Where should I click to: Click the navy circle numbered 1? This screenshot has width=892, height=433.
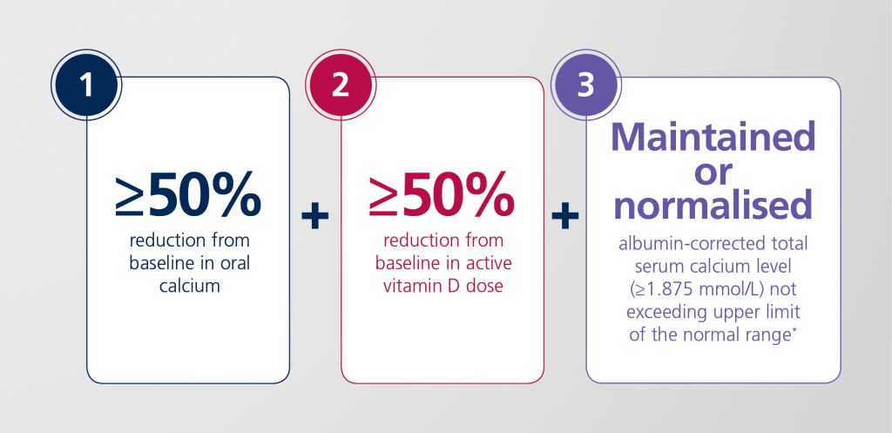click(x=86, y=86)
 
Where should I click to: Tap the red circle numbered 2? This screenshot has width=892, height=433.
click(x=341, y=86)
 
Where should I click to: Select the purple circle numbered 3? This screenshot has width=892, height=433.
click(x=586, y=86)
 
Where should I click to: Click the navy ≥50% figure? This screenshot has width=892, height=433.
click(x=188, y=196)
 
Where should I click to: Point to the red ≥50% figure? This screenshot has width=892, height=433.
click(x=442, y=196)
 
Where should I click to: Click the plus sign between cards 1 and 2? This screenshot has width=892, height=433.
click(x=314, y=217)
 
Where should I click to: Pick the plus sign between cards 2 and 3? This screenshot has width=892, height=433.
click(x=564, y=217)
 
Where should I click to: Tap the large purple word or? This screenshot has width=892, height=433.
click(x=713, y=173)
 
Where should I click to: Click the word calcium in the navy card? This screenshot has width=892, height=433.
click(x=189, y=286)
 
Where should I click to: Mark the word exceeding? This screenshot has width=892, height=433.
click(x=663, y=313)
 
